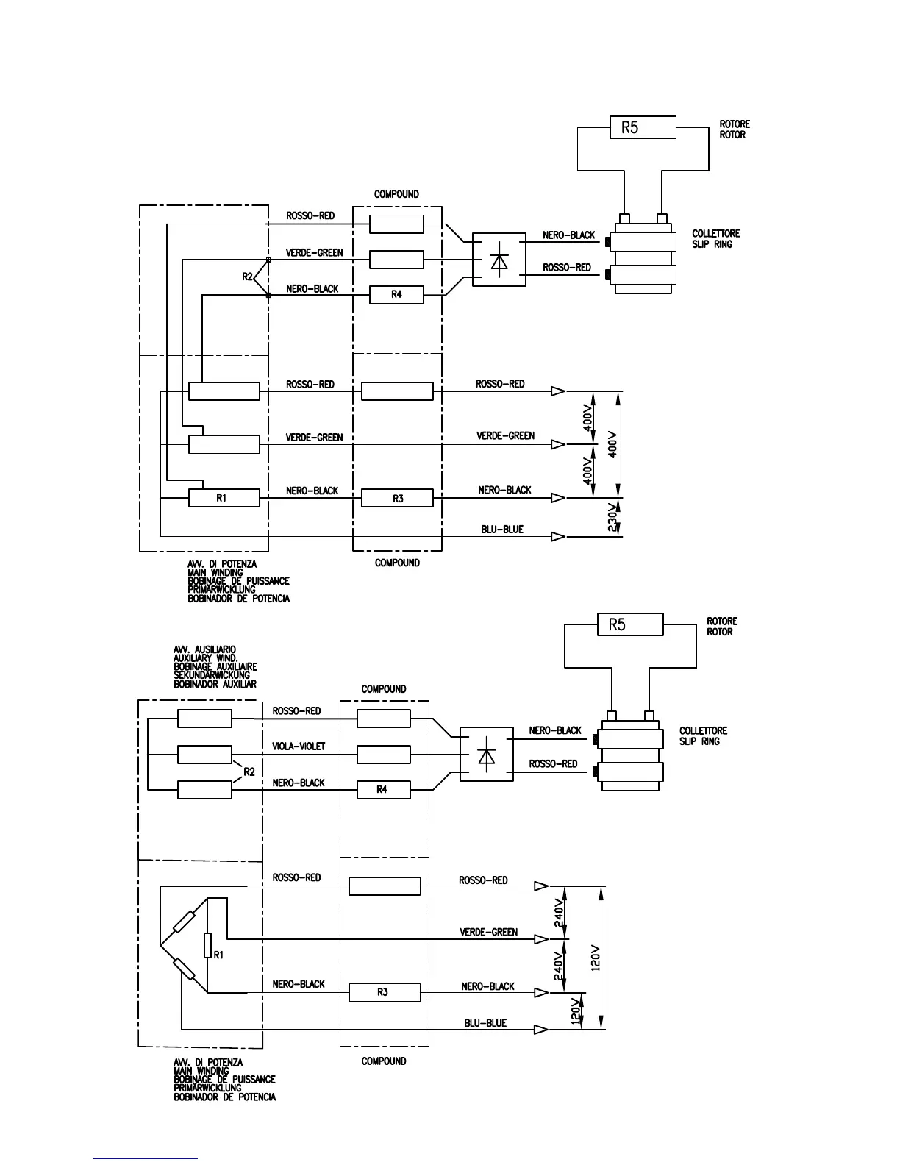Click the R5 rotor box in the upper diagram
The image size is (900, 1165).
pos(643,127)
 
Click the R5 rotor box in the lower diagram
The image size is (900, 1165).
pos(630,624)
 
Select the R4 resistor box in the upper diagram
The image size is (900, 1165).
pos(396,294)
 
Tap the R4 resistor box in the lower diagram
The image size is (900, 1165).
pos(383,789)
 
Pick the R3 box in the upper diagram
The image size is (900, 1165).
pos(397,498)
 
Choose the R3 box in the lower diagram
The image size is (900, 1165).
pos(385,992)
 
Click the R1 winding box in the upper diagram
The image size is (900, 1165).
pos(224,498)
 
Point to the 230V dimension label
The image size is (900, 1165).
pos(612,517)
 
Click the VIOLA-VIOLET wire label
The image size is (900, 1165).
pos(299,747)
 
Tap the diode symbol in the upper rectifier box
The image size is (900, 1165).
pos(499,260)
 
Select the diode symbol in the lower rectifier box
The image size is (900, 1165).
pos(486,755)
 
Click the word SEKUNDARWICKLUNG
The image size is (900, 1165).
pos(212,675)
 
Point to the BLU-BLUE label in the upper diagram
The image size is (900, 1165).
pos(502,529)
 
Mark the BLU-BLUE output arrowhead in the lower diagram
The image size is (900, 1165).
pos(541,1030)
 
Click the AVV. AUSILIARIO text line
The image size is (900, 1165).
pos(204,649)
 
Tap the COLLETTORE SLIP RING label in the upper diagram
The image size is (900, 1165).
pos(715,238)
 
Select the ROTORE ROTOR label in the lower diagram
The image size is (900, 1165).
pos(721,626)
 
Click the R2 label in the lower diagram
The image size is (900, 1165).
pos(249,772)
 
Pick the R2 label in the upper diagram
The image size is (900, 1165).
pos(247,277)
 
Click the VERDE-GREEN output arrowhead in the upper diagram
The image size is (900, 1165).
pos(558,444)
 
